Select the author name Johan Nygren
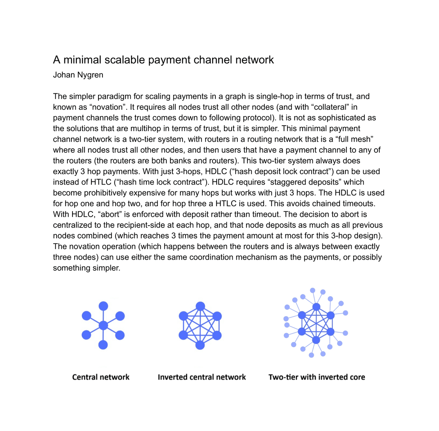78,75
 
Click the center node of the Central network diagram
104,325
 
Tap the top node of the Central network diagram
104,306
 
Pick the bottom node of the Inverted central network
200,345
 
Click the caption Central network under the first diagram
101,377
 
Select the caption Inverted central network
202,377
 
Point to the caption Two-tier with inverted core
317,377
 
